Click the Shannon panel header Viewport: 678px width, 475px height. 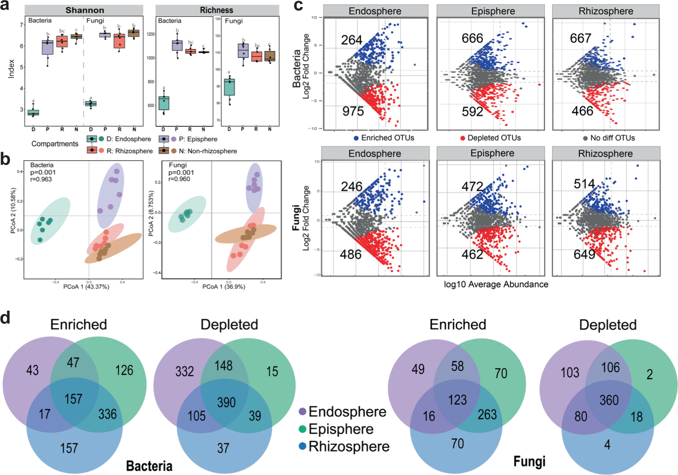(85, 10)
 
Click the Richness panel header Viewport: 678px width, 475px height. (217, 10)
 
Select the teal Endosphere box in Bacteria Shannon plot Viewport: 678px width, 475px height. (33, 112)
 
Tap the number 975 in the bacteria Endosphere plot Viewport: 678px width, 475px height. (353, 111)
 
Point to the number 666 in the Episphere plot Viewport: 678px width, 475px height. (472, 38)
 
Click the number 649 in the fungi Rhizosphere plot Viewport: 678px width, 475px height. (584, 254)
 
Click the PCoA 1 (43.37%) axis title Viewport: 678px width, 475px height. (86, 287)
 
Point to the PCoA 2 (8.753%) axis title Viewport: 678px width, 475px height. (151, 213)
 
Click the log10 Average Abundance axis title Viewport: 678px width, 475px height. (496, 285)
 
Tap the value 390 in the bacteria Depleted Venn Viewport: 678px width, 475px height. (226, 402)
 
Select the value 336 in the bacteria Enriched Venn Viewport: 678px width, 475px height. (107, 414)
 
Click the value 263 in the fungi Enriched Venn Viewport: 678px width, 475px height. (487, 415)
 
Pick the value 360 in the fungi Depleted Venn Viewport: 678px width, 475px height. (609, 400)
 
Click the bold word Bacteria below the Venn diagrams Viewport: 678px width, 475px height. (149, 466)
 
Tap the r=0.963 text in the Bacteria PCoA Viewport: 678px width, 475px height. (41, 180)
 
